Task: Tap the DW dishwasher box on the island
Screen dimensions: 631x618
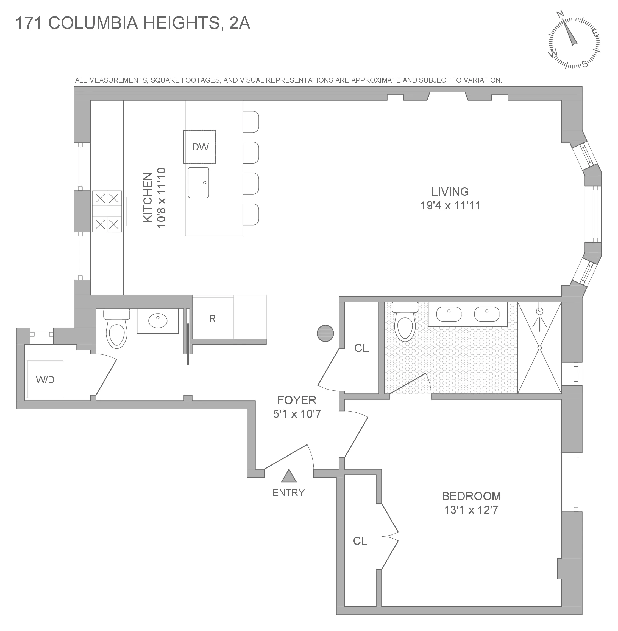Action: pyautogui.click(x=200, y=147)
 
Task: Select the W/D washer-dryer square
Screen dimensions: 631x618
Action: pyautogui.click(x=45, y=379)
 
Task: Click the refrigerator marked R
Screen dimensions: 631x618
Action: pyautogui.click(x=212, y=319)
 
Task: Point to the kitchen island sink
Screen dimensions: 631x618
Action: pyautogui.click(x=198, y=182)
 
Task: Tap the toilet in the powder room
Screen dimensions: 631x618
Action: pyautogui.click(x=116, y=329)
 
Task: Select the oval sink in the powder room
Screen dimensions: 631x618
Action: pyautogui.click(x=158, y=321)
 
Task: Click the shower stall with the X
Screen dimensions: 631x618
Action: pyautogui.click(x=539, y=348)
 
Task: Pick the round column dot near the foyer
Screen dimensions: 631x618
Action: pyautogui.click(x=325, y=333)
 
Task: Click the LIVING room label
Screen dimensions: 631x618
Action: pyautogui.click(x=450, y=192)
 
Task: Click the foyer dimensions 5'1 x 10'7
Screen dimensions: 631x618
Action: pyautogui.click(x=297, y=414)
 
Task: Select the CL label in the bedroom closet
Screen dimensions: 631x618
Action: pyautogui.click(x=360, y=541)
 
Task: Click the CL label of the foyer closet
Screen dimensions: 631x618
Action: pyautogui.click(x=361, y=348)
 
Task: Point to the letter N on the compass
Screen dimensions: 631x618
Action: pyautogui.click(x=560, y=14)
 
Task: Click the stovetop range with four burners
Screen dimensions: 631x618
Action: pyautogui.click(x=107, y=211)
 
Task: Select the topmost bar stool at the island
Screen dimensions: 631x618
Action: pyautogui.click(x=251, y=122)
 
